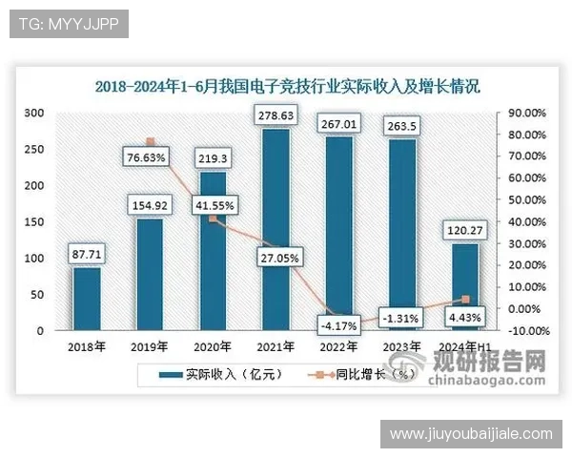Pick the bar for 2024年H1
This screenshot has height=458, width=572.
(x=465, y=286)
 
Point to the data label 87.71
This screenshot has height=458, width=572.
(x=87, y=255)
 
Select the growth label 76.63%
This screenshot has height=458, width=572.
(x=151, y=156)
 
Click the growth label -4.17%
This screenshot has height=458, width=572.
(x=339, y=325)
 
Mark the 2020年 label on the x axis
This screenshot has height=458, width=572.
(x=214, y=346)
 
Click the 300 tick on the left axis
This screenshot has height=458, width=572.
(x=34, y=113)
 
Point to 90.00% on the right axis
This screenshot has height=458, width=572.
(x=525, y=113)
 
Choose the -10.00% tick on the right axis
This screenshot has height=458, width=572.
(x=525, y=331)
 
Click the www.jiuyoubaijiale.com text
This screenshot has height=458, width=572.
(x=471, y=434)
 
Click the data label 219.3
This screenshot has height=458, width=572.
(x=214, y=157)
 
